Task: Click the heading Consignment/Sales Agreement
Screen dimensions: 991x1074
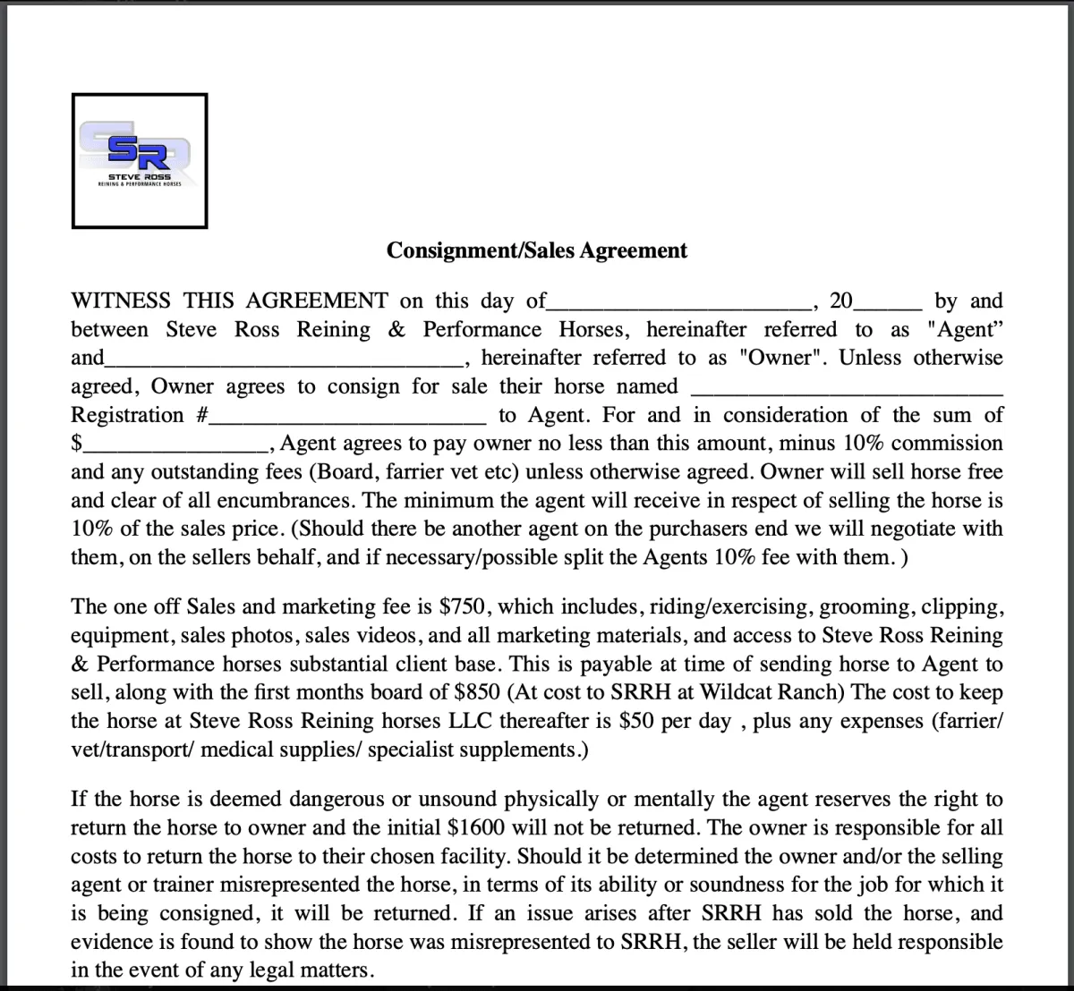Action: click(537, 250)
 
